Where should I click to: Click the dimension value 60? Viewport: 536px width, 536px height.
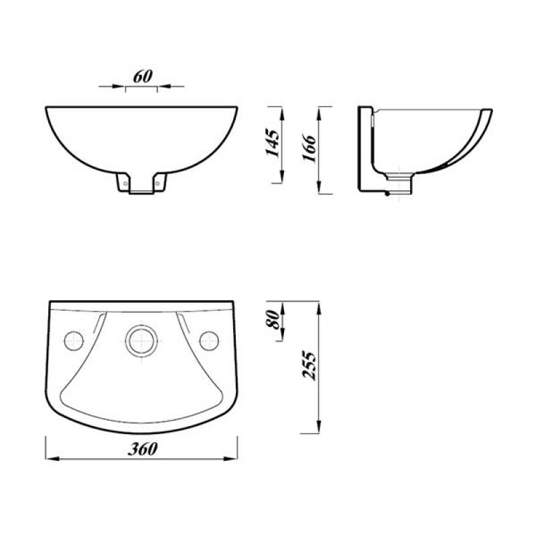click(x=141, y=76)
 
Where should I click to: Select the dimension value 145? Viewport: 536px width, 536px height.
click(x=273, y=143)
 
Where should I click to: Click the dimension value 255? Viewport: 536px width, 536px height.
click(x=308, y=365)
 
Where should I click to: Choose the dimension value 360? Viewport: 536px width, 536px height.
click(x=144, y=449)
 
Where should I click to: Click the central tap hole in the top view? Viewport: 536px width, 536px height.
click(x=141, y=340)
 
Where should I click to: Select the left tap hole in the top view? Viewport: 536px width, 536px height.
click(x=73, y=340)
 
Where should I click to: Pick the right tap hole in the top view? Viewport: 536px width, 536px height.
click(x=210, y=340)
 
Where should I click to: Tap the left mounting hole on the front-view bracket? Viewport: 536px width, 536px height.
click(x=124, y=180)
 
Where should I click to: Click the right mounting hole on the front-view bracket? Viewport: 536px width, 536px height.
click(x=158, y=180)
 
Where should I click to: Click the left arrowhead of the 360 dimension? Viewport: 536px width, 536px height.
click(x=50, y=458)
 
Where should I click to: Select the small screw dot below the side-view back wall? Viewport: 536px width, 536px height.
click(x=387, y=195)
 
